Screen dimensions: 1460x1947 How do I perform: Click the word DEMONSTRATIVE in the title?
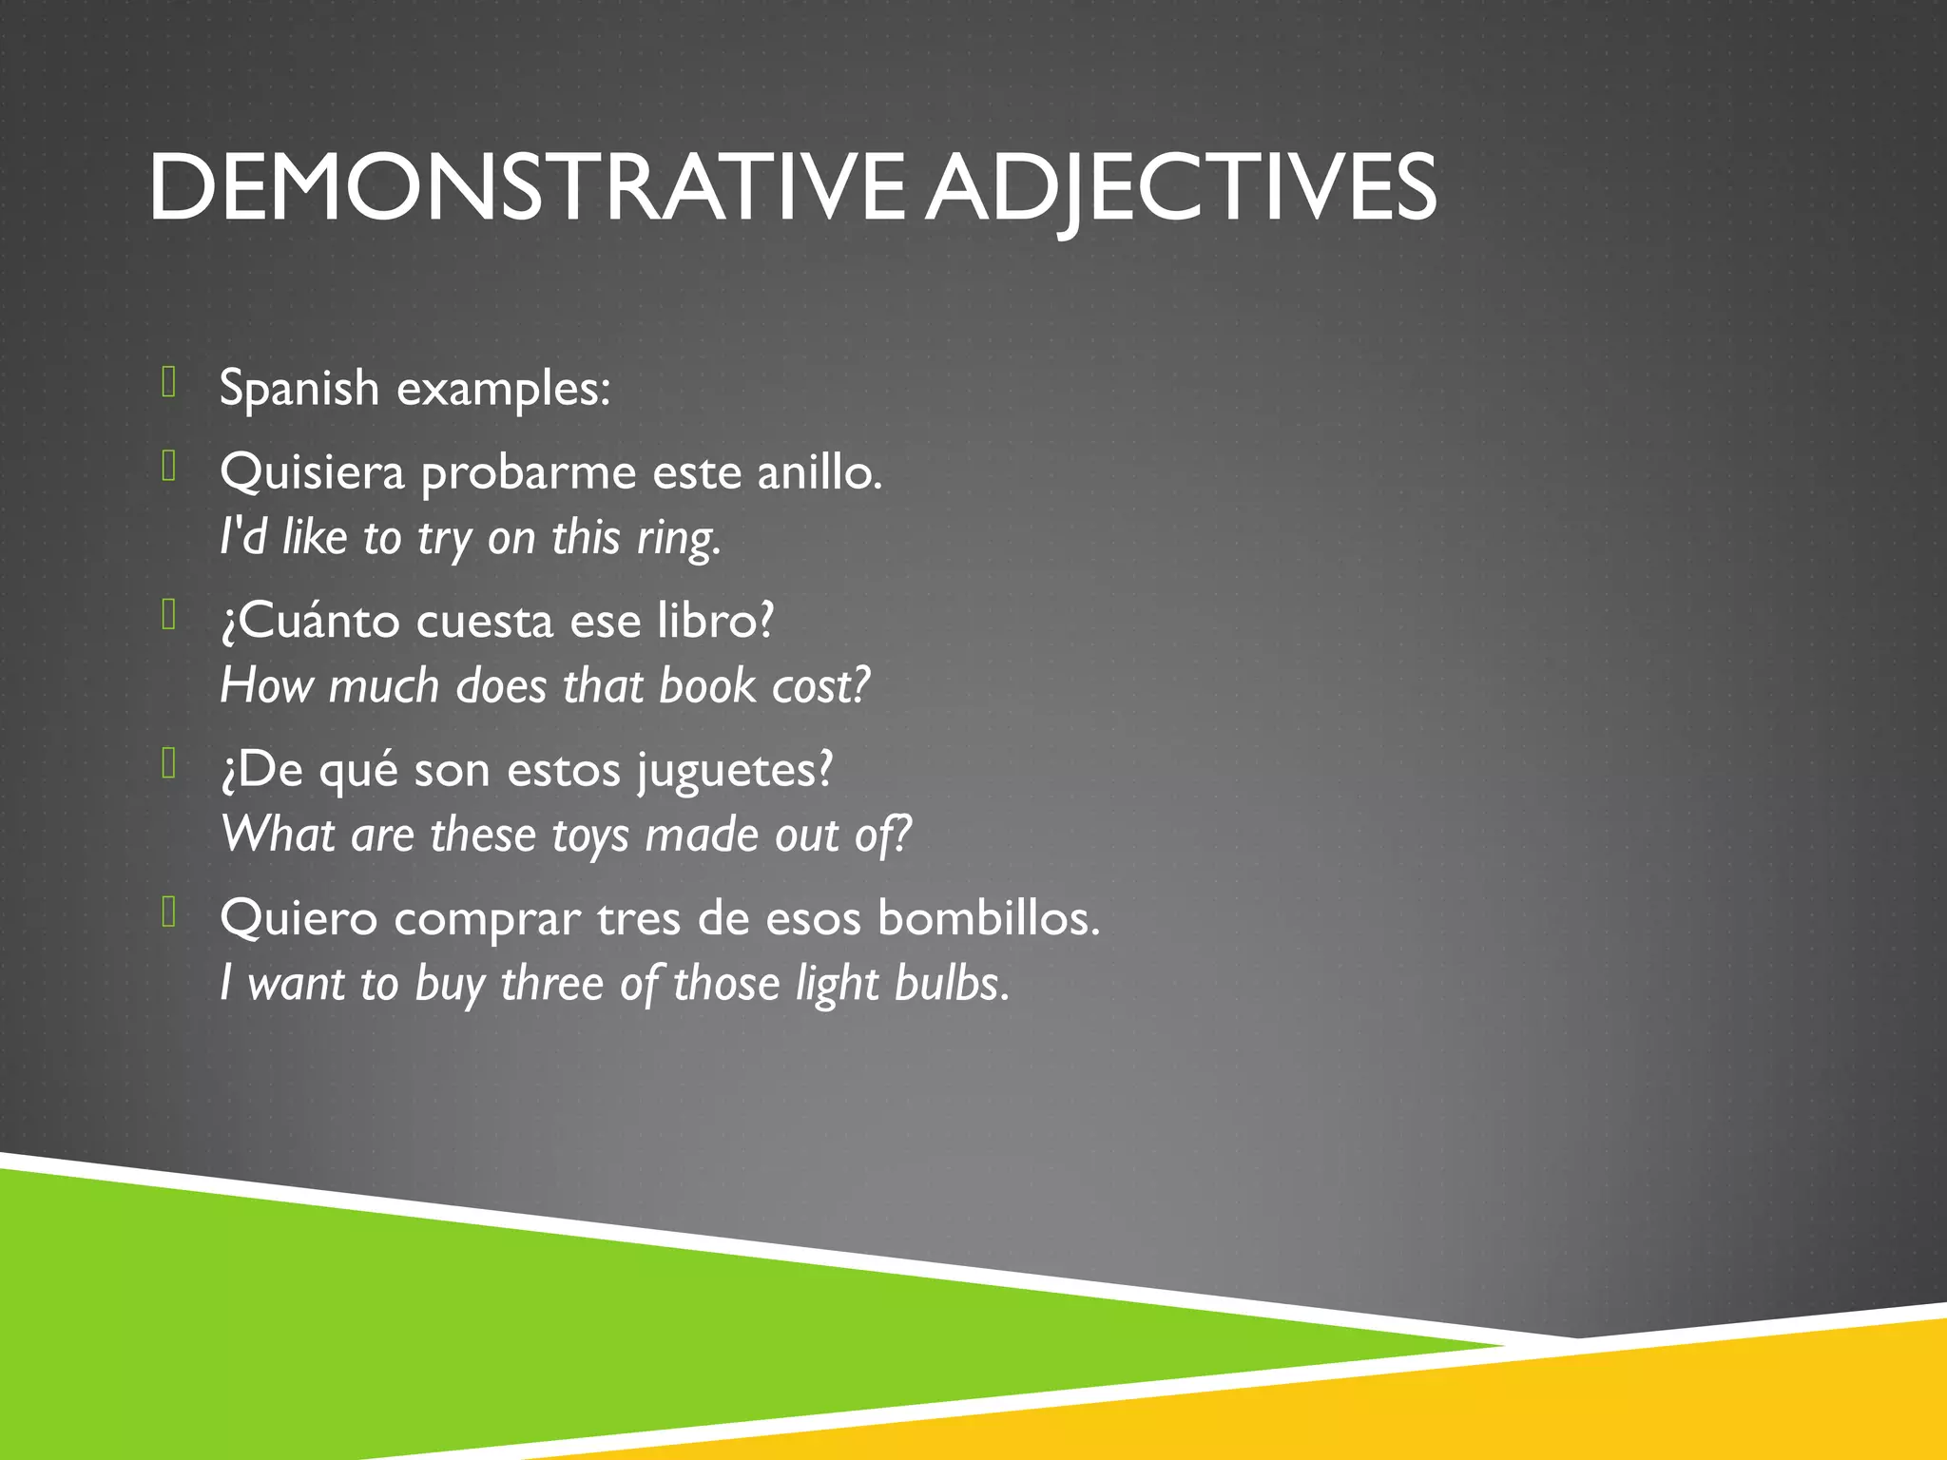[x=527, y=187]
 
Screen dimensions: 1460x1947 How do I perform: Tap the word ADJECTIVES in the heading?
[x=1182, y=187]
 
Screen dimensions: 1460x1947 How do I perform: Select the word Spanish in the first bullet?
[x=299, y=389]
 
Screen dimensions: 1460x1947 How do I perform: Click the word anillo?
[x=819, y=472]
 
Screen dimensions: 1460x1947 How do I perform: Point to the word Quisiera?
[x=312, y=472]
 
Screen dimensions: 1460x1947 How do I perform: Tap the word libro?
[x=716, y=622]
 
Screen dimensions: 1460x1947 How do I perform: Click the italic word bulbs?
[x=952, y=984]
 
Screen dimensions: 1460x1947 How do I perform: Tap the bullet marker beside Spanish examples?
[x=169, y=382]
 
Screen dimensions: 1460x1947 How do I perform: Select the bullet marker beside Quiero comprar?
[x=169, y=912]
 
